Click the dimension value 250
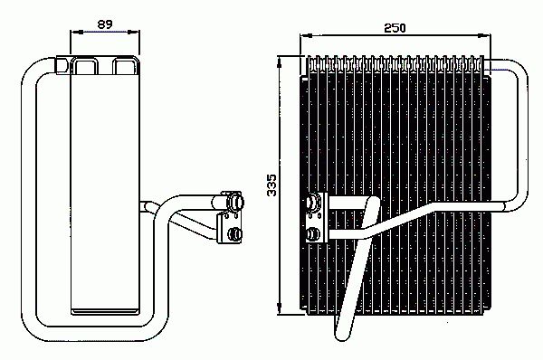(x=394, y=28)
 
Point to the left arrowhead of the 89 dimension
(x=73, y=33)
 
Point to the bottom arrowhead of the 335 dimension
(x=281, y=311)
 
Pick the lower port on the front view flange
(x=312, y=235)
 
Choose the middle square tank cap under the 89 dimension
(x=87, y=65)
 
